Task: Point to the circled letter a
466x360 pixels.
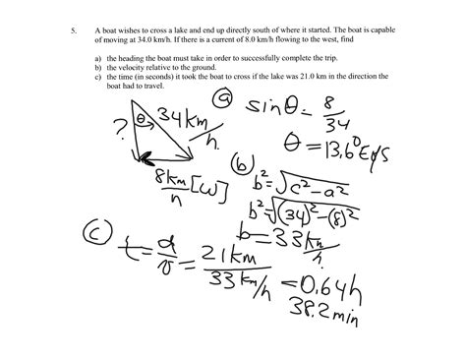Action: [224, 102]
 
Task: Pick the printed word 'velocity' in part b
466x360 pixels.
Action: [128, 68]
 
